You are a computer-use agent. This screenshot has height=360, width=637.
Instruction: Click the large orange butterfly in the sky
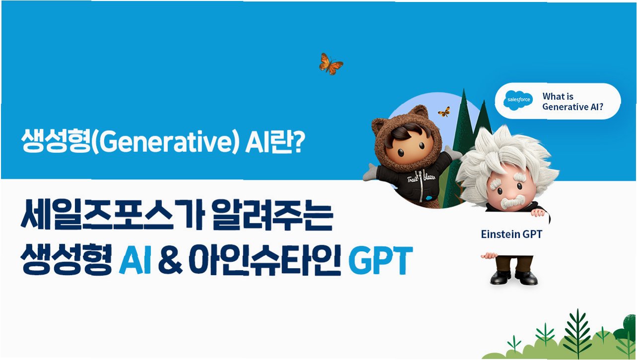331,64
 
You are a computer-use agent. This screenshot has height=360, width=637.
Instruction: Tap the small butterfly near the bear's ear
444,112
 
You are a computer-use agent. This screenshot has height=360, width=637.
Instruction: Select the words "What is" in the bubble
558,96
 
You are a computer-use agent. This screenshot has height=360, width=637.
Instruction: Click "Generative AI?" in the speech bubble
573,107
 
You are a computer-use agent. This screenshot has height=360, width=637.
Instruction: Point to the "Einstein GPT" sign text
511,234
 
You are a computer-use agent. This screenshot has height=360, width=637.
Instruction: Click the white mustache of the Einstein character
512,202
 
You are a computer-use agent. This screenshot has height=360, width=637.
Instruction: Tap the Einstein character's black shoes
513,278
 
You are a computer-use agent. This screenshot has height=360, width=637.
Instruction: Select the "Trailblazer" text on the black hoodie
421,178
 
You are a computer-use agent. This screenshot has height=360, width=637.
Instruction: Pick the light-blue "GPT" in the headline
380,261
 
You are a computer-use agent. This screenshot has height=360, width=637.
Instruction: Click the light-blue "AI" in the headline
135,261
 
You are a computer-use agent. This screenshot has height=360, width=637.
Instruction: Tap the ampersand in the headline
170,261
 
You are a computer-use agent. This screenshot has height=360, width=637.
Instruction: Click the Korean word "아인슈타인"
265,261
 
